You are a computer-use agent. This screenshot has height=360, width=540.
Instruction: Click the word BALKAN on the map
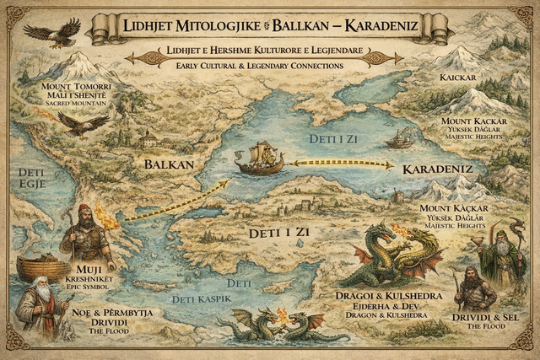pos(169,164)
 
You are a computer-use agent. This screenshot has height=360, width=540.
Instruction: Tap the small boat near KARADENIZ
pos(398,140)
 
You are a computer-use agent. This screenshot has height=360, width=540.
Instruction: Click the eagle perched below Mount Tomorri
pos(83,125)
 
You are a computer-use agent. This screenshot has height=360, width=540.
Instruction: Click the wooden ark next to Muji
pos(40,267)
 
